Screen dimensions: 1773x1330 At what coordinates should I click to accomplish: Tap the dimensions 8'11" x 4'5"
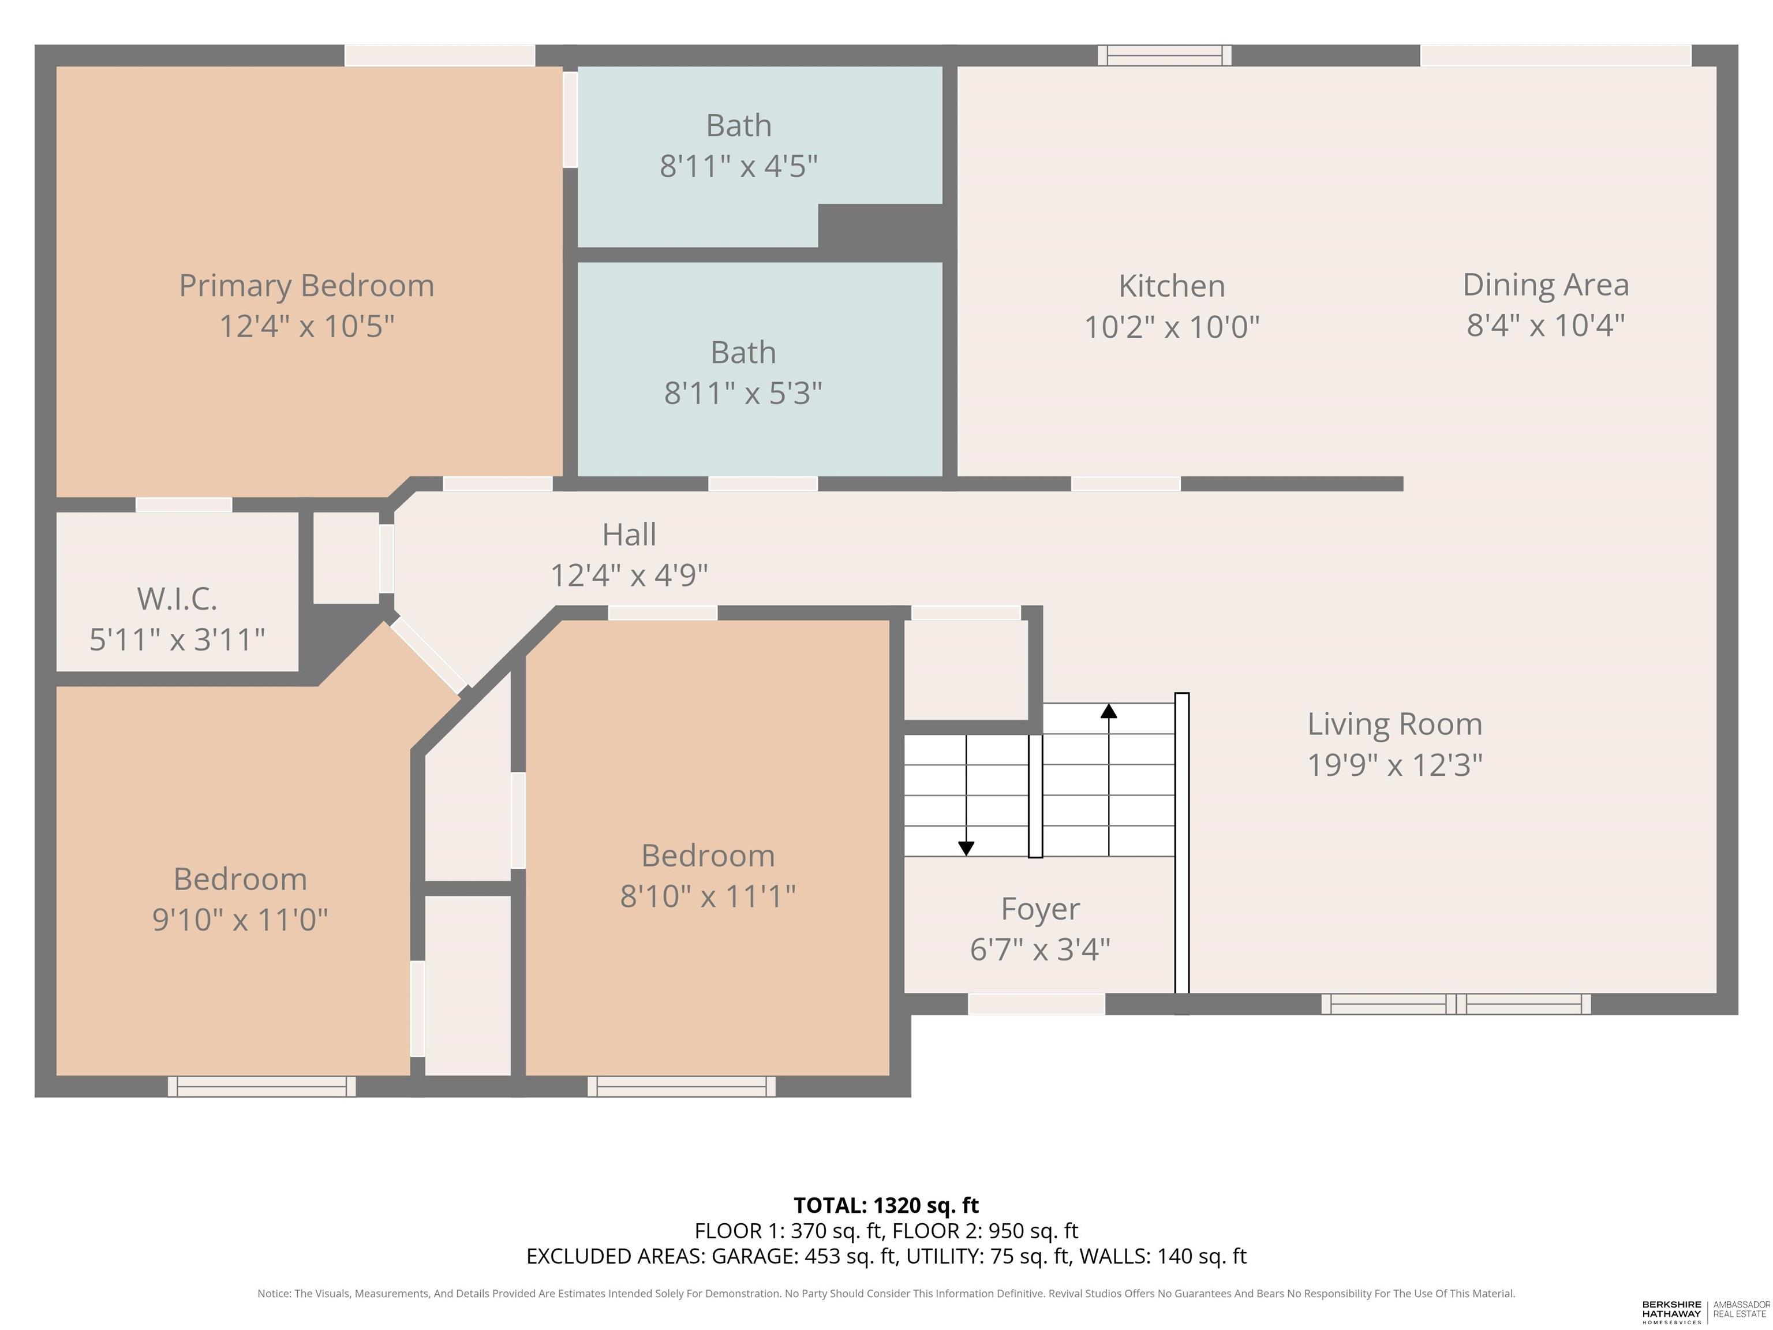pyautogui.click(x=738, y=166)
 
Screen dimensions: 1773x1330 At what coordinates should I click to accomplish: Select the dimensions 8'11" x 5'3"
pyautogui.click(x=743, y=393)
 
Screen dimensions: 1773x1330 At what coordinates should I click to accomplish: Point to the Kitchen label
pyautogui.click(x=1171, y=286)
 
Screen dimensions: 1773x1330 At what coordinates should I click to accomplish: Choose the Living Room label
pyautogui.click(x=1394, y=724)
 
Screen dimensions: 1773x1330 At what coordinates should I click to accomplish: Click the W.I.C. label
pyautogui.click(x=177, y=599)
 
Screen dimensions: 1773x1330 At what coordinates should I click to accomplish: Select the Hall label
pyautogui.click(x=629, y=535)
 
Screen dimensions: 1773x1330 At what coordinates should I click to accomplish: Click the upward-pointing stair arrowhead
pyautogui.click(x=1109, y=710)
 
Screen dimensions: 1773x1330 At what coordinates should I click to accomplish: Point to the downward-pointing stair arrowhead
pyautogui.click(x=966, y=848)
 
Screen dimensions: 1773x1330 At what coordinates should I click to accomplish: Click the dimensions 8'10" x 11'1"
pyautogui.click(x=708, y=895)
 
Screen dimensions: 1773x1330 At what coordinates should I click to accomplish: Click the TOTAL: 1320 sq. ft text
pyautogui.click(x=886, y=1205)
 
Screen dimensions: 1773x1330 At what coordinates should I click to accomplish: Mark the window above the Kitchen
pyautogui.click(x=1165, y=55)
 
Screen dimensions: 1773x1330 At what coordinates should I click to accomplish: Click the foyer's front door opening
pyautogui.click(x=1037, y=1004)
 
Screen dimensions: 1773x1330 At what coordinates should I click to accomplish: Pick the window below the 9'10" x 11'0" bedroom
pyautogui.click(x=261, y=1086)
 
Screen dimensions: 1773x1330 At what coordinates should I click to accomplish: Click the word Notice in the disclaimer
pyautogui.click(x=274, y=1293)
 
